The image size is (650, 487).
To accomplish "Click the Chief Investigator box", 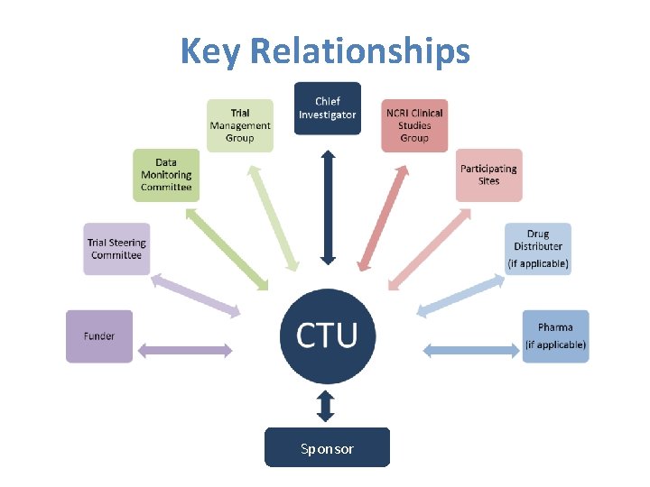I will pyautogui.click(x=327, y=108).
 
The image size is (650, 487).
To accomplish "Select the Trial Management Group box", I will pyautogui.click(x=239, y=125).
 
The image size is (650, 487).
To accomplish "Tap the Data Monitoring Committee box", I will pyautogui.click(x=166, y=175).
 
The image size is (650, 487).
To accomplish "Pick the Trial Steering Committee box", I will pyautogui.click(x=116, y=249).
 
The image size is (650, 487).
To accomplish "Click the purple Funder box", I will pyautogui.click(x=99, y=336).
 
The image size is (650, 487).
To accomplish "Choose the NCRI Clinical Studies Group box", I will pyautogui.click(x=414, y=125).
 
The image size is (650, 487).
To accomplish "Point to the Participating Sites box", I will pyautogui.click(x=488, y=175).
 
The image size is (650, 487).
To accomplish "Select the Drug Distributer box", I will pyautogui.click(x=538, y=249).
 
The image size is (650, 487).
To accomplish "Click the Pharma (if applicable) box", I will pyautogui.click(x=555, y=336).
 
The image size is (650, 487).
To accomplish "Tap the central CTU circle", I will pyautogui.click(x=327, y=335).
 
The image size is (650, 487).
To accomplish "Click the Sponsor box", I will pyautogui.click(x=327, y=448).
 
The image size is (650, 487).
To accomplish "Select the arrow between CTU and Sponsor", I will pyautogui.click(x=327, y=406).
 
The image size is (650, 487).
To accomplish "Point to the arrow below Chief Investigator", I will pyautogui.click(x=327, y=207).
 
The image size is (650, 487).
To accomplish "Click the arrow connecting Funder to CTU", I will pyautogui.click(x=188, y=350).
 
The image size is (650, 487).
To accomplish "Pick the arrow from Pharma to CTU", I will pyautogui.click(x=468, y=350).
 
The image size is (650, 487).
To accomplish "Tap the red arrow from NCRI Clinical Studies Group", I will pyautogui.click(x=380, y=207).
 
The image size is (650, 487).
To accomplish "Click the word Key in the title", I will pyautogui.click(x=210, y=51).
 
